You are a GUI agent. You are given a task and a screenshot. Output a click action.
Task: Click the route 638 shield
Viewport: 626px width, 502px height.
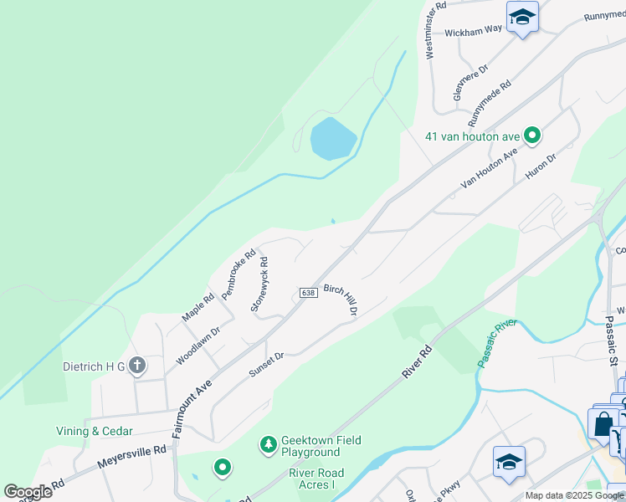click(307, 293)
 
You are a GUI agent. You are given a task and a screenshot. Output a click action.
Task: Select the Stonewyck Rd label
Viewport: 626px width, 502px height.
click(259, 284)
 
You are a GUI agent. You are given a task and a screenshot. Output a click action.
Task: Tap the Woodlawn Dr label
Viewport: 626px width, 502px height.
click(198, 346)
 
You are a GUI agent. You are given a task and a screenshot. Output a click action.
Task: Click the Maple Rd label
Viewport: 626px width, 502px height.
click(198, 307)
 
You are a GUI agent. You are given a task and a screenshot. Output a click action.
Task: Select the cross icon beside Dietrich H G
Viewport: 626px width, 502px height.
click(137, 366)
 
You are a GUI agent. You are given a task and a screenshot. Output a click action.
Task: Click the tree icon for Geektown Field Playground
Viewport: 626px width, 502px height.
click(269, 443)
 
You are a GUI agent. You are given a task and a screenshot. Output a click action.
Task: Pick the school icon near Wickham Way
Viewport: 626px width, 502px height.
click(522, 16)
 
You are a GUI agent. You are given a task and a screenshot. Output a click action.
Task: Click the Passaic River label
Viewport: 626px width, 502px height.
click(498, 342)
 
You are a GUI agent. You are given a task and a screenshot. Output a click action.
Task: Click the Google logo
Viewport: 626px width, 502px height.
click(28, 492)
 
